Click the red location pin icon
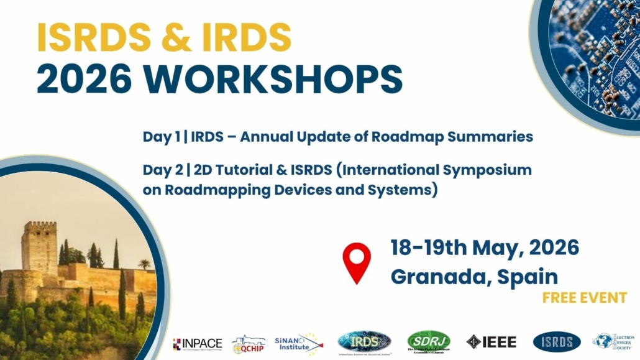[x=357, y=262]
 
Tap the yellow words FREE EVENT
[x=584, y=298]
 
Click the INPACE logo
[x=198, y=343]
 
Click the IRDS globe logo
[x=364, y=341]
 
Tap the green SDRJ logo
[x=429, y=341]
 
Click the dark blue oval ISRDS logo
[x=557, y=341]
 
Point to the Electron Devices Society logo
[x=614, y=341]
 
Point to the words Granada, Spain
[x=473, y=276]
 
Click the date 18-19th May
[x=459, y=248]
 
